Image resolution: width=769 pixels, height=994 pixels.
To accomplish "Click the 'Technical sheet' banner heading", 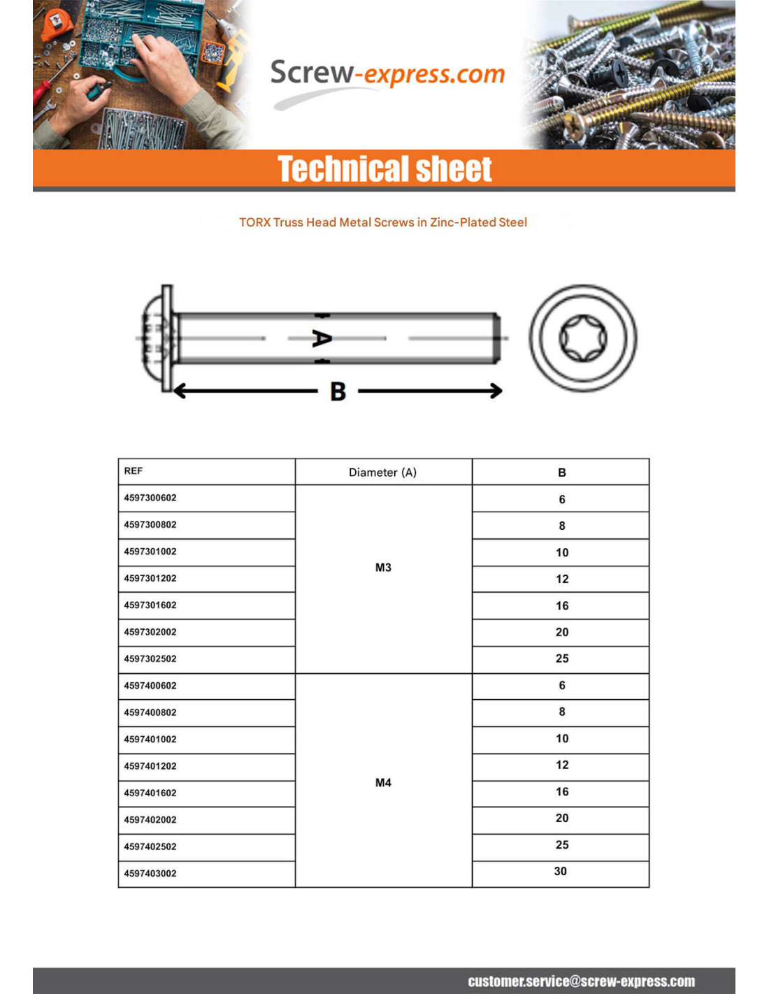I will point(384,169).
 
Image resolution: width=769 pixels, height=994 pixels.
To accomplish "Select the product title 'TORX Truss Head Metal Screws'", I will point(383,222).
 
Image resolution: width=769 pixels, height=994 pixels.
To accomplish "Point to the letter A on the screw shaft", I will point(322,338).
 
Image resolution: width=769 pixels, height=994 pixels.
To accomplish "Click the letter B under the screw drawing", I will point(338,391).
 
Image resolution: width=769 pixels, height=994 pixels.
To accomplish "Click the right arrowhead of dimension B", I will point(496,391).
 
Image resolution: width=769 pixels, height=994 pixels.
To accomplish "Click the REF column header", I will point(134,471).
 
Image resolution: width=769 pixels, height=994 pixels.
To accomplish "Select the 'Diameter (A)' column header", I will point(382,473).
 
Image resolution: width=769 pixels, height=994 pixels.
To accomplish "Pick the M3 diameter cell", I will point(383,568).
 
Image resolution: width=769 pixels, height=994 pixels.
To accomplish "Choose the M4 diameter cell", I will point(383,783).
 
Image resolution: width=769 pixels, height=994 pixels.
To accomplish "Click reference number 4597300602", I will point(150,498).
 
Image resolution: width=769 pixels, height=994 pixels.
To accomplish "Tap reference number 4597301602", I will point(150,605).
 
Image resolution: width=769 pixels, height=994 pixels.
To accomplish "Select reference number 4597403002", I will point(150,874).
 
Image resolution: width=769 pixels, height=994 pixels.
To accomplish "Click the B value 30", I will point(561,872).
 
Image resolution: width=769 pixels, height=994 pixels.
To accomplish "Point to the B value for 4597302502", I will point(562,658).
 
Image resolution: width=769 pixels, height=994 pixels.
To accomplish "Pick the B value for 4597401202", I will point(562,765).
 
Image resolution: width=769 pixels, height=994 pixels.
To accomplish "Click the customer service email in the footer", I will point(581,981).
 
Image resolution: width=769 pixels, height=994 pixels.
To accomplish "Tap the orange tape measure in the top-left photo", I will point(57,24).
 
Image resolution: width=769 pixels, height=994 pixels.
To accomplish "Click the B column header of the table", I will point(562,473).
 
